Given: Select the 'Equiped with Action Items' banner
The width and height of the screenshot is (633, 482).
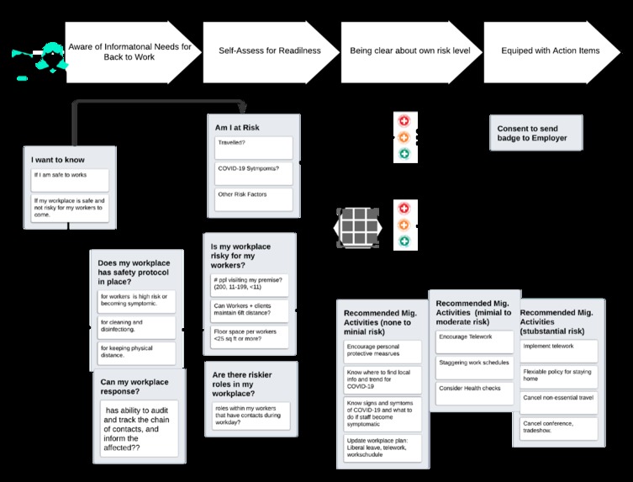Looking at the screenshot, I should click(x=550, y=50).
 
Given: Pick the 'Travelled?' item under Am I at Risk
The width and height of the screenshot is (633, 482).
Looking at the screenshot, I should click(x=253, y=148).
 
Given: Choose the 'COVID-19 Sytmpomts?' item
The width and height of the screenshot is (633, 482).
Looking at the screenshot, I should click(x=253, y=173).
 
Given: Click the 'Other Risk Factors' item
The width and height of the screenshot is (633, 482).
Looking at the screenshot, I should click(x=253, y=199).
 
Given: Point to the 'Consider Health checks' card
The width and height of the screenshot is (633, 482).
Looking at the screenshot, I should click(x=471, y=392).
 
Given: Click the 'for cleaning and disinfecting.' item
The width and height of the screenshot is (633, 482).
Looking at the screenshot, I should click(x=137, y=326).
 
